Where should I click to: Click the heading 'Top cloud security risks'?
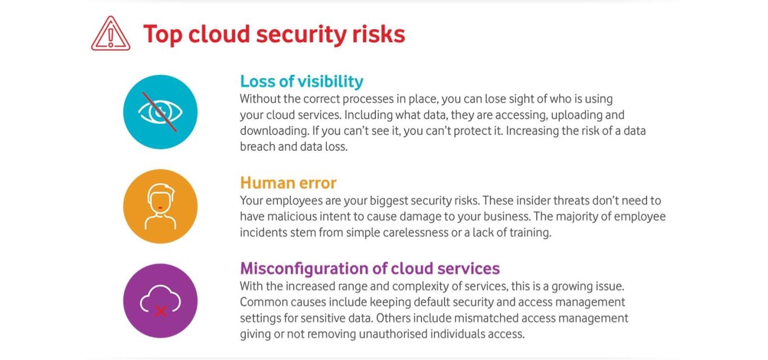(274, 34)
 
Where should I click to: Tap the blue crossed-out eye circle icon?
(160, 111)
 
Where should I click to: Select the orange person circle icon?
(160, 206)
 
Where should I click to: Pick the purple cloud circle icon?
(160, 300)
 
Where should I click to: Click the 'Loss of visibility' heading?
(302, 82)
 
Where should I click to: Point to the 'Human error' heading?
(288, 183)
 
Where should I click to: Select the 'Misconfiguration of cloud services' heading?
(370, 268)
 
